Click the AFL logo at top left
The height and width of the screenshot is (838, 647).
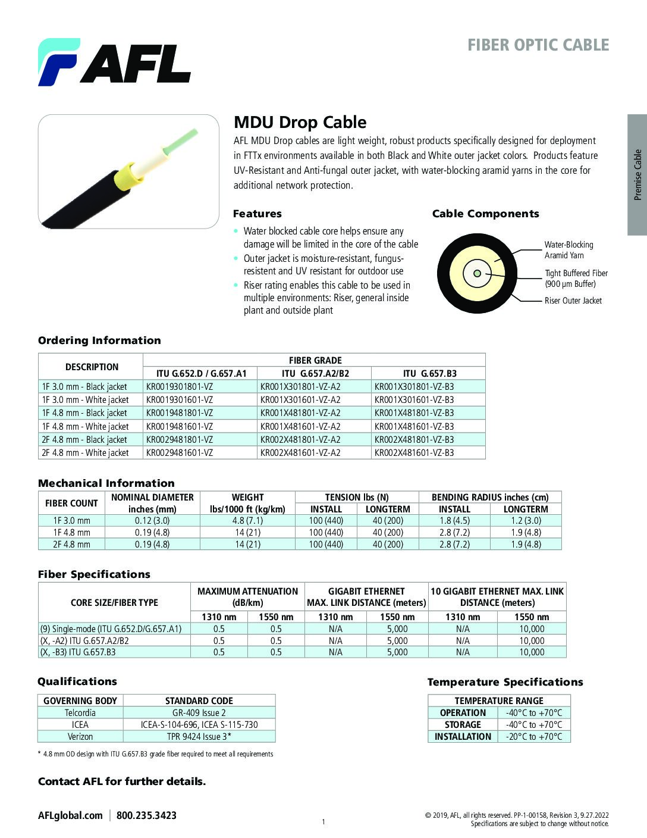114,62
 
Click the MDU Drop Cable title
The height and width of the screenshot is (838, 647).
300,122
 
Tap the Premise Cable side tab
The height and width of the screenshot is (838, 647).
637,174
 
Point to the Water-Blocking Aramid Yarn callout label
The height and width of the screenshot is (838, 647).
569,250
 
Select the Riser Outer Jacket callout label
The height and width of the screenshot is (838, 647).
573,301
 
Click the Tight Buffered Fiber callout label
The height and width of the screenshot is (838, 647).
576,279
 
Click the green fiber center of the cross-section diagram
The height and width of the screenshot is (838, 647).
477,274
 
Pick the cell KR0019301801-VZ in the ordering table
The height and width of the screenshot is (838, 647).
180,387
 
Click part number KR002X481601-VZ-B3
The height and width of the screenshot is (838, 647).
414,453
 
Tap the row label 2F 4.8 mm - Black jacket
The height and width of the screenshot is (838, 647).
84,440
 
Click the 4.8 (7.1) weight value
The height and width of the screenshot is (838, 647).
247,521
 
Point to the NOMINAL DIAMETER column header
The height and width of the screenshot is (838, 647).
152,503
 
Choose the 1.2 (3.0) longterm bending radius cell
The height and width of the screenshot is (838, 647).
526,521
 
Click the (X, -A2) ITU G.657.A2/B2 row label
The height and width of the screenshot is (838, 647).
84,641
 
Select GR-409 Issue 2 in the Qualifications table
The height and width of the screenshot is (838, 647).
199,713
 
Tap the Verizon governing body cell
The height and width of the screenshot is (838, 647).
80,737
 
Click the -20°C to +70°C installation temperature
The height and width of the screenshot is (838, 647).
533,737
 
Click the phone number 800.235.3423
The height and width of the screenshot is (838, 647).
146,815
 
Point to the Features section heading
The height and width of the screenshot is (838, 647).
257,214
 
